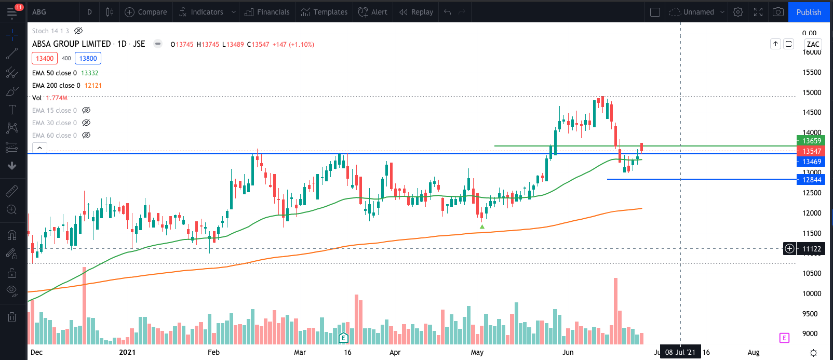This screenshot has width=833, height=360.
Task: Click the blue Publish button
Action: click(809, 12)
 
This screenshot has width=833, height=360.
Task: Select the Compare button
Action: click(146, 12)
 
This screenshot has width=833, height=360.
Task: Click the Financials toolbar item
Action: click(267, 12)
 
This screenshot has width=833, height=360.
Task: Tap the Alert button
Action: click(373, 12)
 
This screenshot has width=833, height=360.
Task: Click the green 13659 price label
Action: click(811, 141)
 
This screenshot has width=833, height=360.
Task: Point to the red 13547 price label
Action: click(811, 151)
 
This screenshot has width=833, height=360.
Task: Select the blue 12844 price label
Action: click(811, 180)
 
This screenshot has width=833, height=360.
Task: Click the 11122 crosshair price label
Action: click(811, 249)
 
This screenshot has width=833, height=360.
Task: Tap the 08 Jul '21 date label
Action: click(680, 352)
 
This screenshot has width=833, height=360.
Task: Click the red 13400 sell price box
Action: click(45, 58)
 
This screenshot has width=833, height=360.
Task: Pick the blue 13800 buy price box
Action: click(88, 58)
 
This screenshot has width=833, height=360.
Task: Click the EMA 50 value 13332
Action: click(89, 73)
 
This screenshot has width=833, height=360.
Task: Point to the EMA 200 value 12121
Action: click(93, 86)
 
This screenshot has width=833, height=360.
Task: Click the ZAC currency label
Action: click(813, 44)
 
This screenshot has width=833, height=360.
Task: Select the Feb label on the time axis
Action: click(213, 352)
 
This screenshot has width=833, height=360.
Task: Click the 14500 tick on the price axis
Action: click(812, 112)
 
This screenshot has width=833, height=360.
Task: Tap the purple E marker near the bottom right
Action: click(784, 338)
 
